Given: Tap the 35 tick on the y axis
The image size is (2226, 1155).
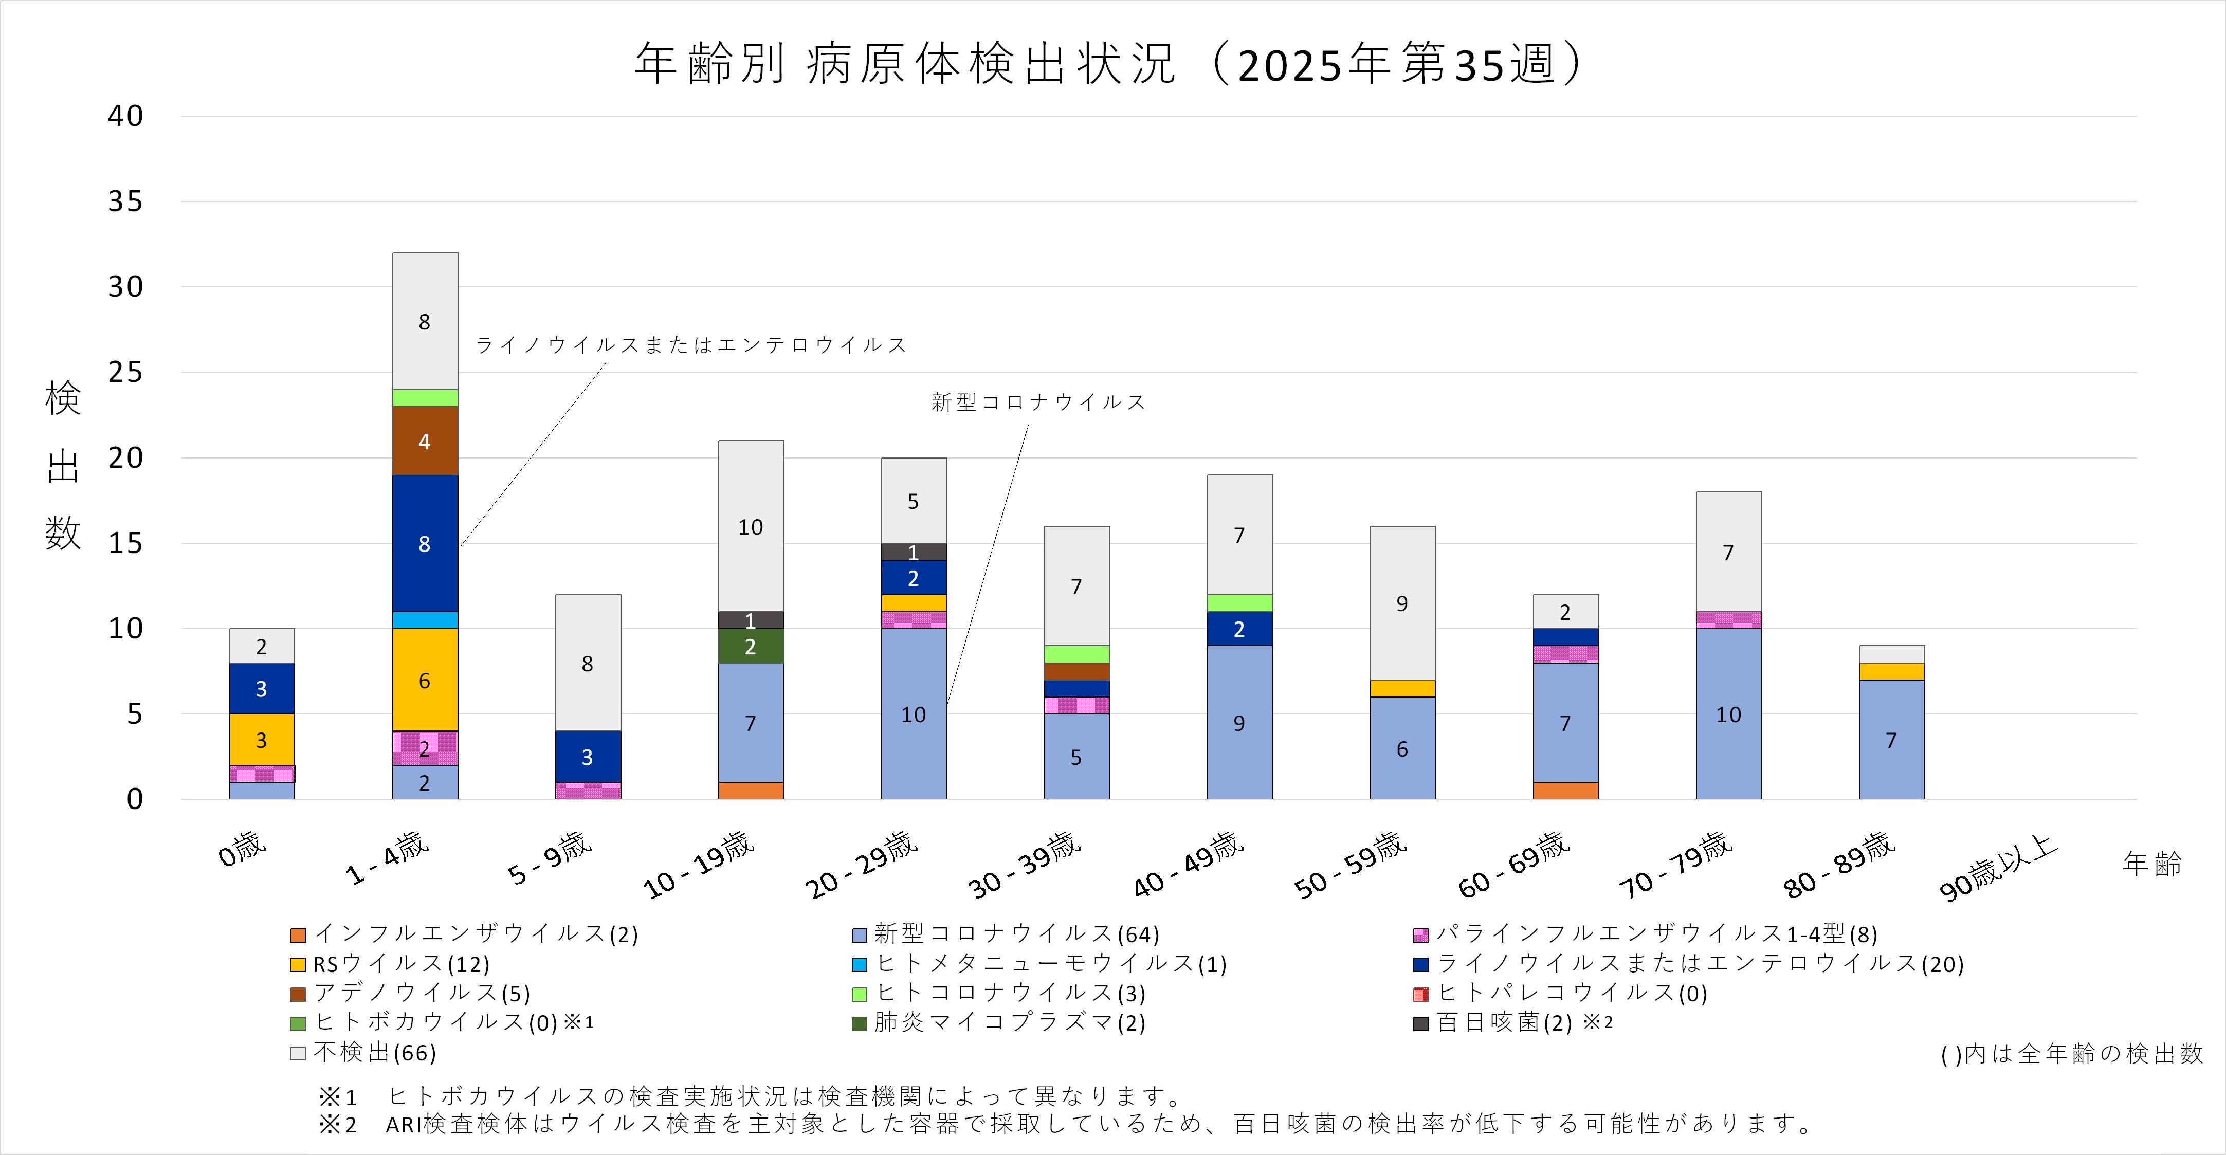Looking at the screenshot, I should tap(125, 201).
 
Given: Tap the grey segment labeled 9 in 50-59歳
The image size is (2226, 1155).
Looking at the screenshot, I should tap(1402, 603).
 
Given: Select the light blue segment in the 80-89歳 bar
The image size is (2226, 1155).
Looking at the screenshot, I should tap(1891, 740).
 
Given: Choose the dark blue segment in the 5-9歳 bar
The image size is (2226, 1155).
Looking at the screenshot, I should tap(588, 757).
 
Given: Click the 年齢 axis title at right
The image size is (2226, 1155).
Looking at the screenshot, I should tap(2151, 863).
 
